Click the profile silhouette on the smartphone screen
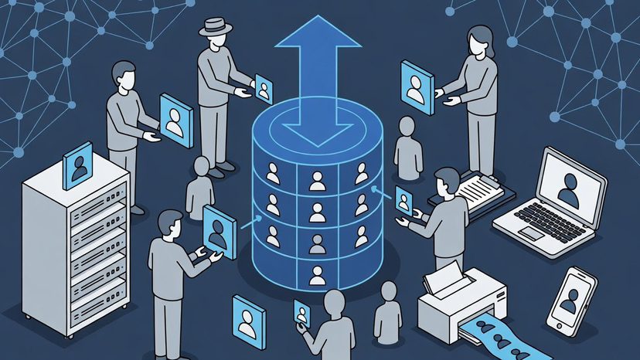570,297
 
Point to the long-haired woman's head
476,39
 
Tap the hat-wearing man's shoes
222,167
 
